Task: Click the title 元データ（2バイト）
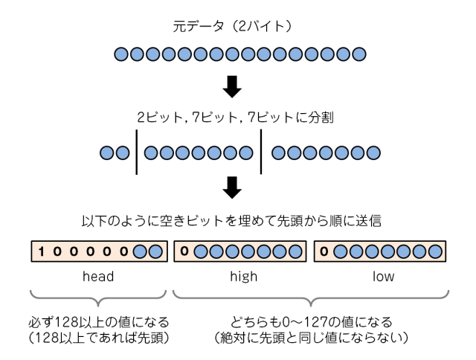[x=237, y=30]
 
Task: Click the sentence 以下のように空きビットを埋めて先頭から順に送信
[x=237, y=222]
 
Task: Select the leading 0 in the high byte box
[x=183, y=252]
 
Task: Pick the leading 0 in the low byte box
[x=324, y=252]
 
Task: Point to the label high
[x=237, y=277]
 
